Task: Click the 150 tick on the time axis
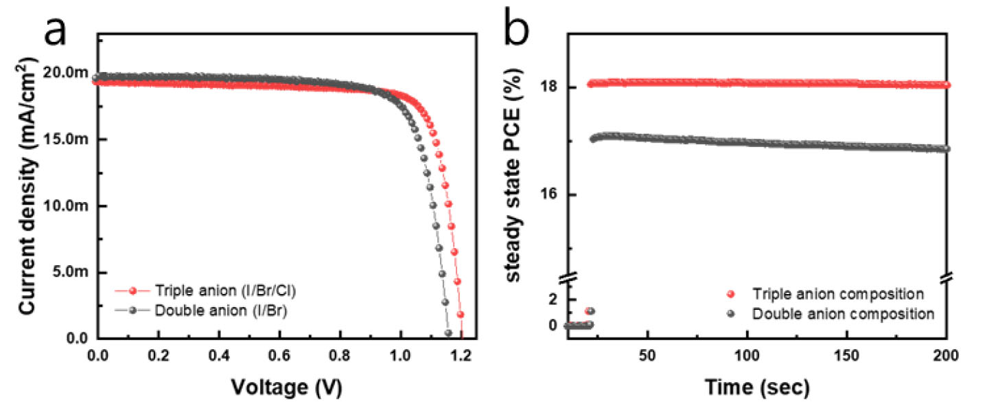point(847,358)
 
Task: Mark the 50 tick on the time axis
point(647,358)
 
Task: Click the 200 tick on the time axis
point(947,358)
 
